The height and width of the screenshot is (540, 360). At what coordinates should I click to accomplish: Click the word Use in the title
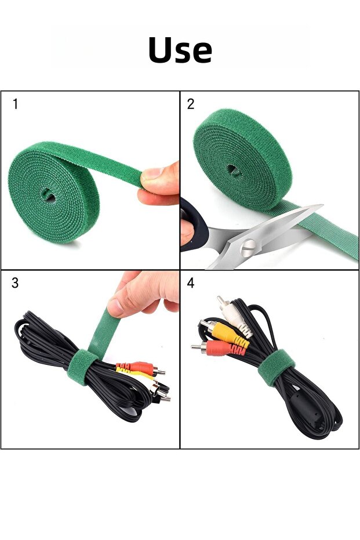click(180, 50)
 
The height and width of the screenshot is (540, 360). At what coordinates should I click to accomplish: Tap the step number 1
click(15, 104)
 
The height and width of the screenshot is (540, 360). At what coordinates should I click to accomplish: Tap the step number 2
click(191, 104)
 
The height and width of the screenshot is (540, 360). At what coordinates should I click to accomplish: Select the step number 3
click(15, 282)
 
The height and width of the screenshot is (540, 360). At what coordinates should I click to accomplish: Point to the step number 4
click(191, 282)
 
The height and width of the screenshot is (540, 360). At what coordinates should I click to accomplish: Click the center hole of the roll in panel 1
click(48, 195)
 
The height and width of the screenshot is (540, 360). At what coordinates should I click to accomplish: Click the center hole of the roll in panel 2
click(234, 170)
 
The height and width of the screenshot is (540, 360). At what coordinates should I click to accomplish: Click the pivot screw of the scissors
click(249, 247)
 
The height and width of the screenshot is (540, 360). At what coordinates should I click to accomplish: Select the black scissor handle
click(194, 224)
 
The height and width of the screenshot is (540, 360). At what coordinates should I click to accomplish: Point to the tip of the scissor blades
click(322, 206)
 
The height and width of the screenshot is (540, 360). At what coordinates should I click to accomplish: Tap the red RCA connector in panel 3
click(141, 368)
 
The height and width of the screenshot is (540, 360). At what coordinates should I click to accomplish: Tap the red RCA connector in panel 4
click(218, 348)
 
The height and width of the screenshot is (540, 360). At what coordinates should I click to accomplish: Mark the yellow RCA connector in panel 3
click(136, 374)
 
